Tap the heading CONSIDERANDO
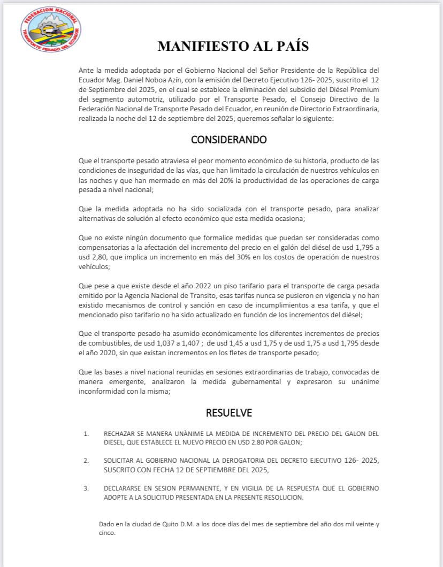(228, 140)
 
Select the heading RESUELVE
(228, 412)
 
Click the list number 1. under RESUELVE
(86, 433)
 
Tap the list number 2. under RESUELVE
(86, 460)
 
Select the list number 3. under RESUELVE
(86, 488)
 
